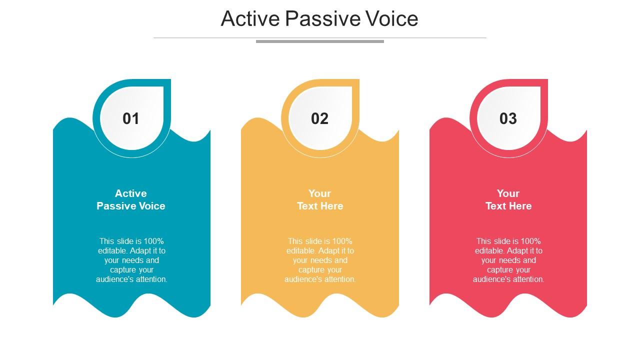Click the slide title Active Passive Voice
coord(319,19)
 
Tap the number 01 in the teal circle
coord(131,118)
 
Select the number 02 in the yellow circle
coord(319,118)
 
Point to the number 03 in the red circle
coord(508,118)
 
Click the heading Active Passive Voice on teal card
coord(131,199)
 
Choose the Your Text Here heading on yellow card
coord(319,199)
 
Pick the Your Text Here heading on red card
coord(508,199)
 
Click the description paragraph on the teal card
coord(131,260)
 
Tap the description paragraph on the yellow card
coord(320,260)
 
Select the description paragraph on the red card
coord(508,260)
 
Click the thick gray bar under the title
coord(319,41)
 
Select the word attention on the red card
coord(527,279)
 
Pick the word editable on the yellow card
coord(300,250)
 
